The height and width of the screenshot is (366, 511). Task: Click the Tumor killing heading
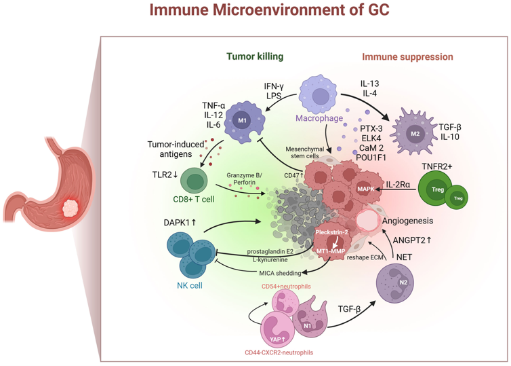254,57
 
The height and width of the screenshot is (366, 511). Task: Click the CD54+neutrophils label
286,287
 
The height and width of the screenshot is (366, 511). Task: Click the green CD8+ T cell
195,181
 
